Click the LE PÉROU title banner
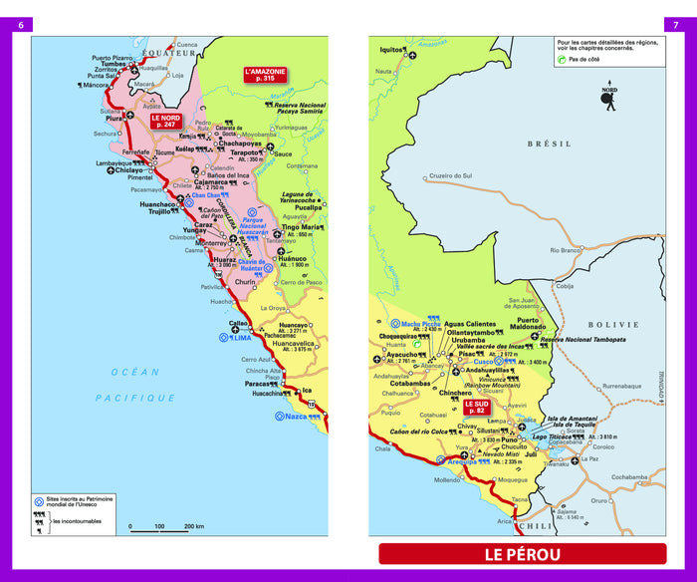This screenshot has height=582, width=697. [522, 555]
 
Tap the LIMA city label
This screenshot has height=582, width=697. [242, 337]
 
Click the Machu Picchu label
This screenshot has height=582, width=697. [420, 323]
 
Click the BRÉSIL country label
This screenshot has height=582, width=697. [555, 144]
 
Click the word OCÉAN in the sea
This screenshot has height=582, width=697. [134, 372]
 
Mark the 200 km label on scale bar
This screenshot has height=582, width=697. [193, 526]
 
